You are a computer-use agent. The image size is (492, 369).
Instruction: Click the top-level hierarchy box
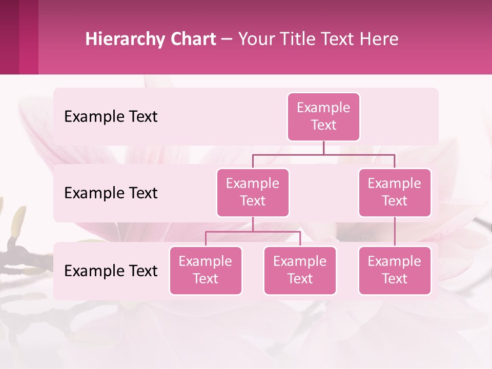[x=323, y=117]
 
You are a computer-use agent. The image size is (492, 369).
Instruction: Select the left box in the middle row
[x=253, y=193]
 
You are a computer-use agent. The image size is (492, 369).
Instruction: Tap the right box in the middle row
[x=395, y=193]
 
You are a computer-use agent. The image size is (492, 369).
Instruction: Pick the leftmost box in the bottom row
[x=206, y=271]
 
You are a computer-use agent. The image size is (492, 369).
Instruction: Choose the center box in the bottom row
[x=300, y=271]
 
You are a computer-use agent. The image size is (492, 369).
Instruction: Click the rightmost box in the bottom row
[x=395, y=271]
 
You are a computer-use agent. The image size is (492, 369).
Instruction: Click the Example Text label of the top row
[x=111, y=117]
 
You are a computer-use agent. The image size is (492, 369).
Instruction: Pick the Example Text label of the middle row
[x=111, y=193]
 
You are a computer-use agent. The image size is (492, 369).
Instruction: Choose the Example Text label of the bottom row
[x=111, y=271]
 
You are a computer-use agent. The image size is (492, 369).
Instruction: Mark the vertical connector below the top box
[x=323, y=148]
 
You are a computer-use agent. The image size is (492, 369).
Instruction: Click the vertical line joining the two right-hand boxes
[x=395, y=232]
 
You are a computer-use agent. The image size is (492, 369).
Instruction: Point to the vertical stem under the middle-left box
[x=253, y=224]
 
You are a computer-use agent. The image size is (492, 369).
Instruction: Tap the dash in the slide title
[x=227, y=39]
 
